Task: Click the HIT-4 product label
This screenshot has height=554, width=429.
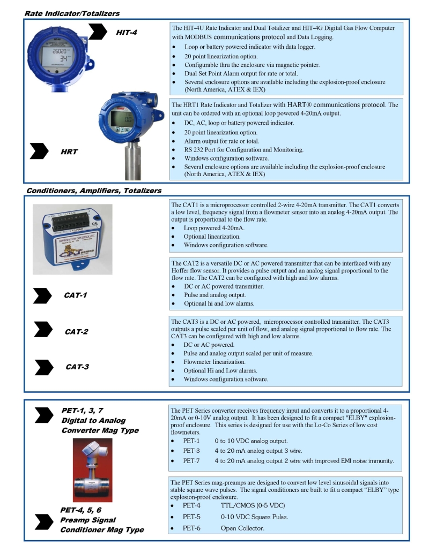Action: pyautogui.click(x=127, y=33)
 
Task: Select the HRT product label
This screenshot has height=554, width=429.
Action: pyautogui.click(x=69, y=152)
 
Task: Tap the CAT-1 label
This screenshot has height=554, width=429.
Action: pyautogui.click(x=76, y=295)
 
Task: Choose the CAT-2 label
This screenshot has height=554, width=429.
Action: pyautogui.click(x=76, y=331)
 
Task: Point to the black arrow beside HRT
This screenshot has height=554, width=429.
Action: pyautogui.click(x=40, y=151)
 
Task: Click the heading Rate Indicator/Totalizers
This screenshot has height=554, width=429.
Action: pyautogui.click(x=72, y=13)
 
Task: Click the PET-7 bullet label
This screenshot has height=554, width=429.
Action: pyautogui.click(x=191, y=460)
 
